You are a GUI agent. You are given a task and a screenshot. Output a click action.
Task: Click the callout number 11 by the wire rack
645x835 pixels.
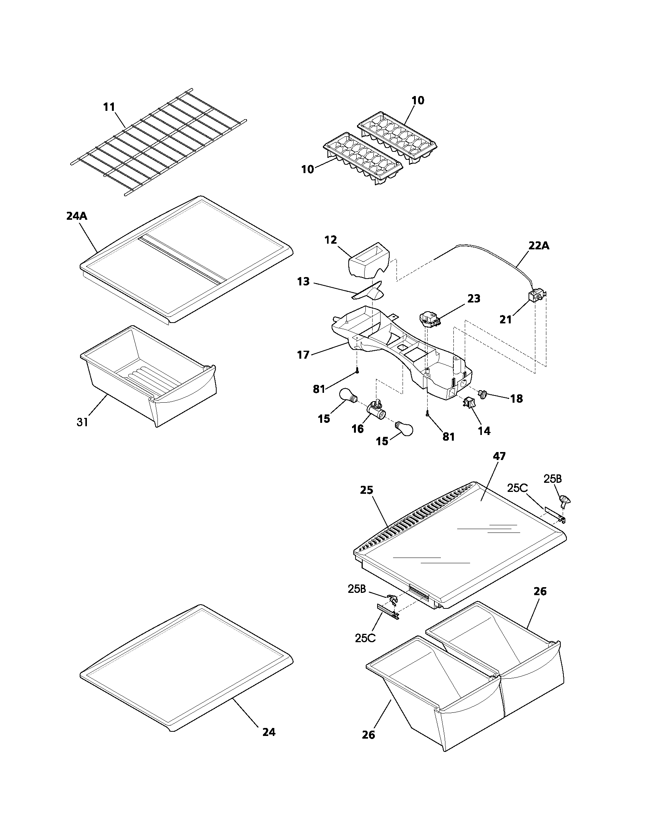[109, 107]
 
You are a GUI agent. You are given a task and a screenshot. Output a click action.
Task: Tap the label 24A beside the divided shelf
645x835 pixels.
[76, 216]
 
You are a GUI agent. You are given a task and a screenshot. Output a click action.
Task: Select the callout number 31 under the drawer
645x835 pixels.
[83, 422]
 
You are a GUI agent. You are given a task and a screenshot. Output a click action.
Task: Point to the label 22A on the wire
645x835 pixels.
[539, 246]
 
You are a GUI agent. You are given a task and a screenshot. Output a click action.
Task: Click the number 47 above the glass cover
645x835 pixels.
[499, 456]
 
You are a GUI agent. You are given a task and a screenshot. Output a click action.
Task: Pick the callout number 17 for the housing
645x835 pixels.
[303, 355]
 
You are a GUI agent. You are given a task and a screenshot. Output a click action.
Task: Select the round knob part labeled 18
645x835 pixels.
[483, 394]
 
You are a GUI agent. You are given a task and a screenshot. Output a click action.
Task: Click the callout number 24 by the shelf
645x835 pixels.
[269, 732]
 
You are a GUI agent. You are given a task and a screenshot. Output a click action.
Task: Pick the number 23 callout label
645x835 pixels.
[474, 299]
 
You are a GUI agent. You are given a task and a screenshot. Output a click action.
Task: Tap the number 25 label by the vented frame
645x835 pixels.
[366, 490]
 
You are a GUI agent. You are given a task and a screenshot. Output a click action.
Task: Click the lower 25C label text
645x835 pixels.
[365, 638]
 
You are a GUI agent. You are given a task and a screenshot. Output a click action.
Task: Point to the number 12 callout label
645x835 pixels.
[330, 240]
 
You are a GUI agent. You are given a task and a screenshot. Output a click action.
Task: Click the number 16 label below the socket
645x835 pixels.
[358, 429]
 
